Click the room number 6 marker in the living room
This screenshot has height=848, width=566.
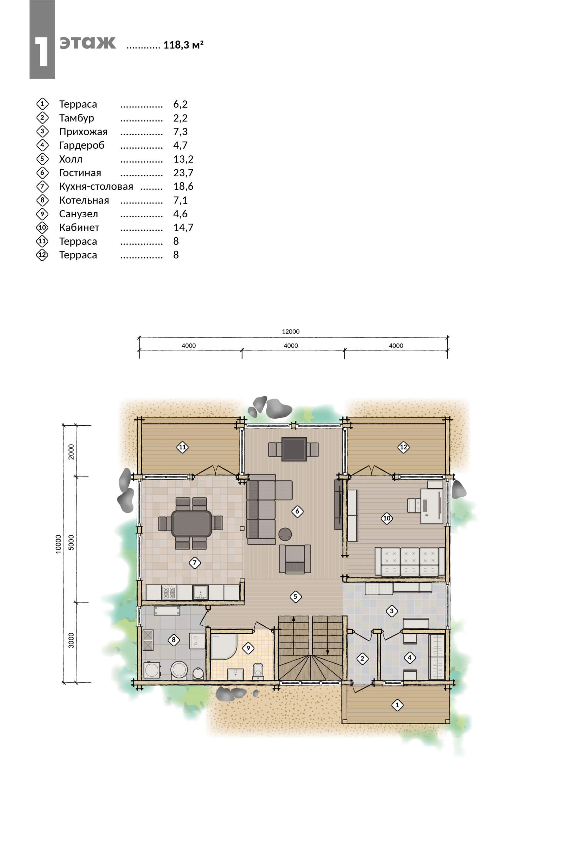point(297,511)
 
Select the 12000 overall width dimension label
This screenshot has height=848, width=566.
point(290,332)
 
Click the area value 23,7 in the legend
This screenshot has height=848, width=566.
point(183,173)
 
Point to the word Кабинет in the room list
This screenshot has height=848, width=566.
point(79,227)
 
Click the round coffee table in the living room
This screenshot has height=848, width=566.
point(285,534)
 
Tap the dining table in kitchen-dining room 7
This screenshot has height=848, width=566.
point(192,523)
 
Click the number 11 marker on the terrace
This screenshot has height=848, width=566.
point(182,447)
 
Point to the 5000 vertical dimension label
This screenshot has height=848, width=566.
point(71,542)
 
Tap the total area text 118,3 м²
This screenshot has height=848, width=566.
point(183,45)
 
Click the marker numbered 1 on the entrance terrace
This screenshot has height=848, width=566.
point(397,705)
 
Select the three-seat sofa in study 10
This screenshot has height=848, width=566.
point(410,562)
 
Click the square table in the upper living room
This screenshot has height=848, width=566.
point(294,449)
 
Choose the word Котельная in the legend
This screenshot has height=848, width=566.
point(84,200)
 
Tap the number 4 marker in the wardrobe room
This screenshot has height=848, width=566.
point(409,658)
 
